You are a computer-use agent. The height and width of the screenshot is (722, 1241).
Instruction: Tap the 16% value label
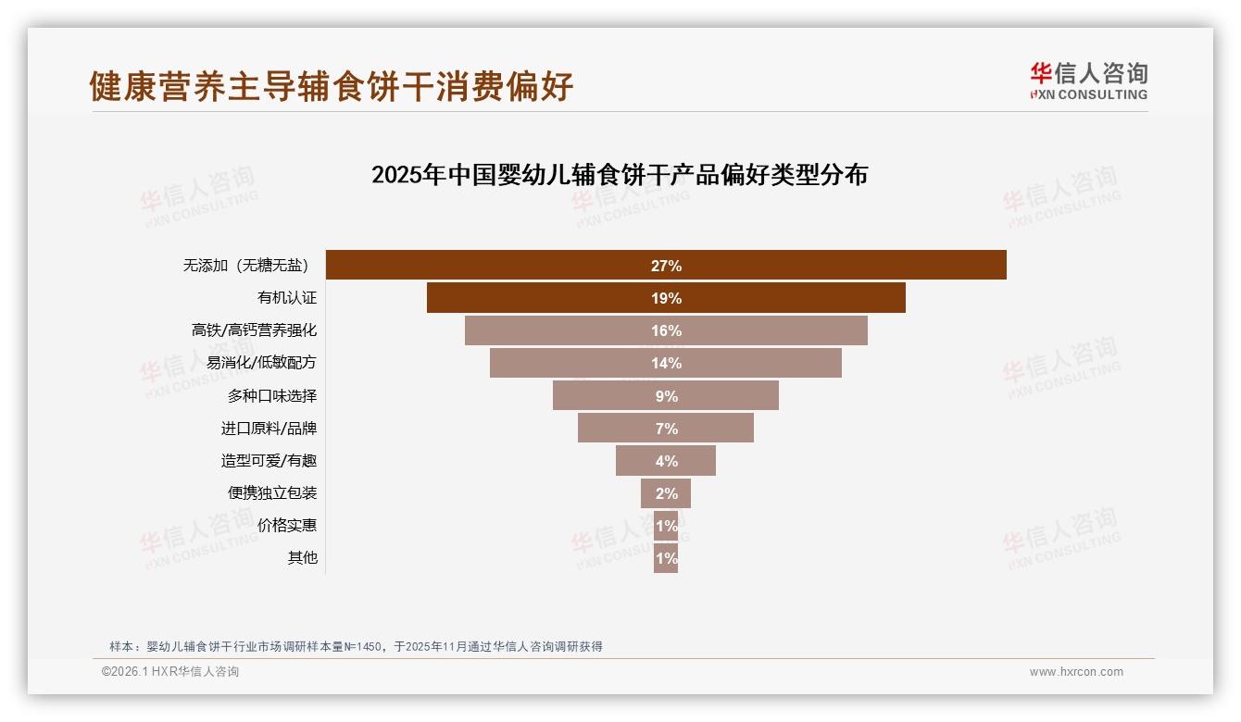pyautogui.click(x=666, y=330)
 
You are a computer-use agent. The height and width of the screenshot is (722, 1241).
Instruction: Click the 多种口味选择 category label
pyautogui.click(x=272, y=396)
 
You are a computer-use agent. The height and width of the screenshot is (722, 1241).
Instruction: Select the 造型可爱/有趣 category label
pyautogui.click(x=269, y=461)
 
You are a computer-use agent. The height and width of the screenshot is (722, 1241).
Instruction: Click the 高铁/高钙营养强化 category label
pyautogui.click(x=255, y=330)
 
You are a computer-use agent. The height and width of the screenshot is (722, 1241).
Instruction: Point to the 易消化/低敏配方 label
pyautogui.click(x=262, y=363)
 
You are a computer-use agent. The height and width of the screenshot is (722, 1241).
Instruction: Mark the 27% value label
pyautogui.click(x=666, y=266)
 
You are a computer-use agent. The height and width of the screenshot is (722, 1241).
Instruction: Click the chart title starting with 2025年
pyautogui.click(x=619, y=175)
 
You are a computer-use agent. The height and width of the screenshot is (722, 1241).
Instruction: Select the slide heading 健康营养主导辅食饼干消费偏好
pyautogui.click(x=332, y=86)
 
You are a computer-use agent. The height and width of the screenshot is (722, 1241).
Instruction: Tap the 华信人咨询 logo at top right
pyautogui.click(x=1088, y=81)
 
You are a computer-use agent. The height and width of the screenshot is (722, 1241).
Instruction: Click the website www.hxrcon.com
pyautogui.click(x=1076, y=672)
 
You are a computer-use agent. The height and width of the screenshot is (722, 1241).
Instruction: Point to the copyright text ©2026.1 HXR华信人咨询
pyautogui.click(x=170, y=672)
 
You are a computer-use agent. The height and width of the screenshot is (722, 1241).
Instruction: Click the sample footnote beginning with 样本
pyautogui.click(x=356, y=646)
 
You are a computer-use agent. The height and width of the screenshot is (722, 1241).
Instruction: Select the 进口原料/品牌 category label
pyautogui.click(x=269, y=429)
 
